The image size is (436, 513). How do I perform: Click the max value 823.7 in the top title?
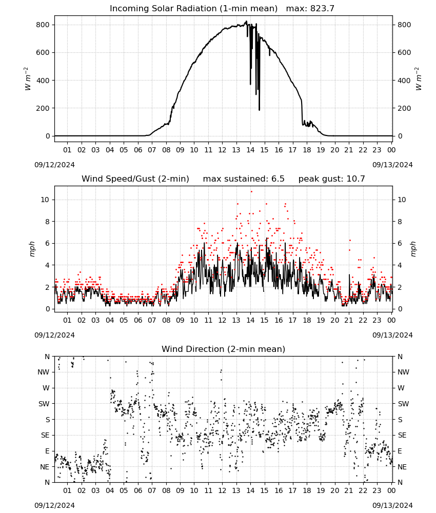[322, 9]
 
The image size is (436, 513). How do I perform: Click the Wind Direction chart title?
[224, 349]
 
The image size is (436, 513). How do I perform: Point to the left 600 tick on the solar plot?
[43, 53]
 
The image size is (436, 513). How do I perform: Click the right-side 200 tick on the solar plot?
[404, 108]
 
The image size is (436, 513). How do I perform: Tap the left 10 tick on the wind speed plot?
[45, 200]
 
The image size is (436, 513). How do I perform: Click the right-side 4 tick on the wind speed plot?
[400, 265]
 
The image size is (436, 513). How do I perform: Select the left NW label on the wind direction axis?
[44, 372]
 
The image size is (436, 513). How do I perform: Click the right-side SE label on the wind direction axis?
[402, 436]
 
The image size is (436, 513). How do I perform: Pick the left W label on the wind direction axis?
[46, 388]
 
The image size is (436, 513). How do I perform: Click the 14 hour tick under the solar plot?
[250, 150]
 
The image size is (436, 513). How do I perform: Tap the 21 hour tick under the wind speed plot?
[349, 320]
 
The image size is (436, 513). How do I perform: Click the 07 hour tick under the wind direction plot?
[152, 491]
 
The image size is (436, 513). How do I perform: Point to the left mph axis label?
[32, 249]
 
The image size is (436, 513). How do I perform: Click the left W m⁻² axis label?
[28, 79]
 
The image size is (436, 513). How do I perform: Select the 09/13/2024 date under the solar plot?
[392, 165]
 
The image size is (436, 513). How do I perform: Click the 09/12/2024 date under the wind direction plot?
[54, 505]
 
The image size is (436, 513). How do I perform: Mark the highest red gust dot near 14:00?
[251, 192]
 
